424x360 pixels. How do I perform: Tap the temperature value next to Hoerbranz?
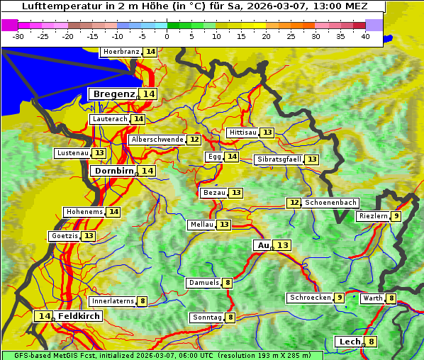(150, 52)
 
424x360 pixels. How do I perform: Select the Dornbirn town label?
(113, 171)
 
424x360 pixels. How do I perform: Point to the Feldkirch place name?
(79, 316)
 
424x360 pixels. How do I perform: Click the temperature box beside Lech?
(371, 342)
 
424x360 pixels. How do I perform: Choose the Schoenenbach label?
(330, 203)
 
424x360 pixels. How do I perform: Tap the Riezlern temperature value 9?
(396, 216)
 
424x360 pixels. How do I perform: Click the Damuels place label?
(203, 283)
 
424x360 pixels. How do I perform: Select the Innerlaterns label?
(113, 301)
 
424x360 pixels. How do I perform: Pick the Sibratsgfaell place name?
(279, 159)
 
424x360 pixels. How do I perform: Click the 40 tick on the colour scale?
(365, 36)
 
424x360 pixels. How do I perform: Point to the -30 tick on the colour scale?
(18, 36)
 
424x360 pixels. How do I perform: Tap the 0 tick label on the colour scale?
(167, 36)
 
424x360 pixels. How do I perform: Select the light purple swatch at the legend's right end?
(374, 25)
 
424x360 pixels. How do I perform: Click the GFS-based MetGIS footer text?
(57, 355)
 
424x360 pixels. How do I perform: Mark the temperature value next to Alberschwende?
(194, 140)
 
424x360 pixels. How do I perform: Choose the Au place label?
(263, 245)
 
